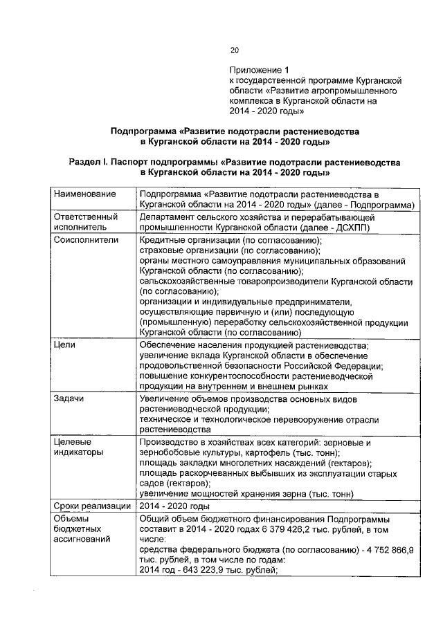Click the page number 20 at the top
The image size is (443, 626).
pyautogui.click(x=234, y=50)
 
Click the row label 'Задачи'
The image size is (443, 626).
pyautogui.click(x=69, y=399)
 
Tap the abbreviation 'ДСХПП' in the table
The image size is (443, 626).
pyautogui.click(x=350, y=226)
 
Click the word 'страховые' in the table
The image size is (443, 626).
pyautogui.click(x=161, y=250)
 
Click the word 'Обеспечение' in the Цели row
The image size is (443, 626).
pyautogui.click(x=168, y=344)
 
